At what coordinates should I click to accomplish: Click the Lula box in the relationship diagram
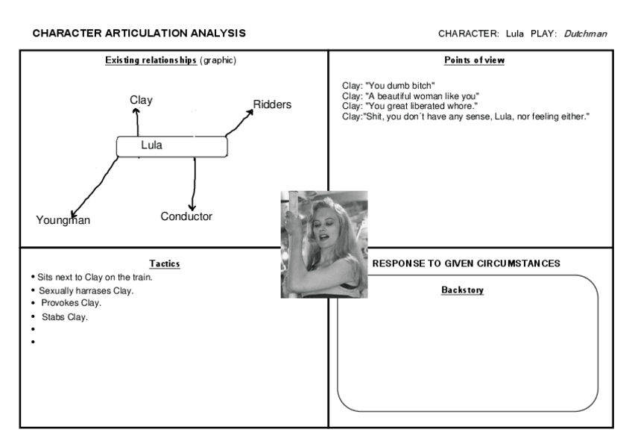pos(171,146)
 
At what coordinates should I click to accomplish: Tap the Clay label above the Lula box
pos(141,100)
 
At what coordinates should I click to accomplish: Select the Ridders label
pos(272,104)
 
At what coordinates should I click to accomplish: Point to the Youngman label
pos(63,220)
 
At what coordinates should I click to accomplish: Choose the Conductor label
pos(186,216)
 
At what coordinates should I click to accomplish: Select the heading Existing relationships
pos(151,60)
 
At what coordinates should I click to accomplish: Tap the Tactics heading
pos(165,263)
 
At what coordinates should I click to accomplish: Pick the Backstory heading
pos(462,290)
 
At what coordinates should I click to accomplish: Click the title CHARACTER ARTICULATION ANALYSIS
pos(139,34)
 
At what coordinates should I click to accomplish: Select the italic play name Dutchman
pos(585,34)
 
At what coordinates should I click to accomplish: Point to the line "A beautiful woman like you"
pos(410,96)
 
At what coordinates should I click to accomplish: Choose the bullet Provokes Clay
pos(71,303)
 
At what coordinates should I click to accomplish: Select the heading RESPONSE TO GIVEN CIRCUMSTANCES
pos(467,263)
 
